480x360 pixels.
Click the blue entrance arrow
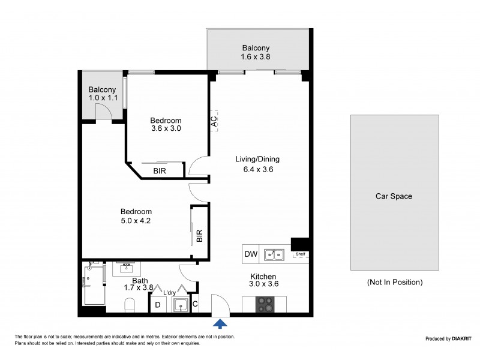tap(221, 324)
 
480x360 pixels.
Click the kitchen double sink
tap(275, 255)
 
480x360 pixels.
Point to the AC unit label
tap(214, 121)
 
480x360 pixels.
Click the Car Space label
tap(394, 196)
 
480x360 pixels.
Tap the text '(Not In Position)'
tap(394, 282)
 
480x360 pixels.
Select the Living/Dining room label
tap(257, 160)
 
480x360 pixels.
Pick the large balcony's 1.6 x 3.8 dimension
tap(256, 58)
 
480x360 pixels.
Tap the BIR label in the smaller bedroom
tap(160, 171)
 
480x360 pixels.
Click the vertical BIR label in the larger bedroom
tap(199, 235)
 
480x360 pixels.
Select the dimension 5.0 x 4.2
tap(136, 221)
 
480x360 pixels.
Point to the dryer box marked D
tap(158, 305)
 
